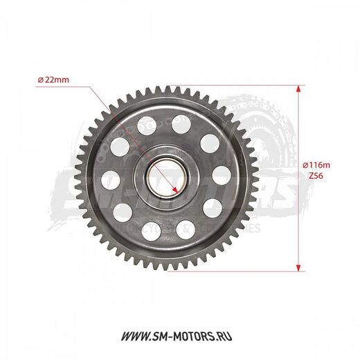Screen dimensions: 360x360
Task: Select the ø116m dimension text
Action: point(317,164)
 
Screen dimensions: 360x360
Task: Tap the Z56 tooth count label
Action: point(314,177)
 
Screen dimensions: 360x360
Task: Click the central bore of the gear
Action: point(164,177)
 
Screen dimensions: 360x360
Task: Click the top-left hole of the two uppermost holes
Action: point(147,126)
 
